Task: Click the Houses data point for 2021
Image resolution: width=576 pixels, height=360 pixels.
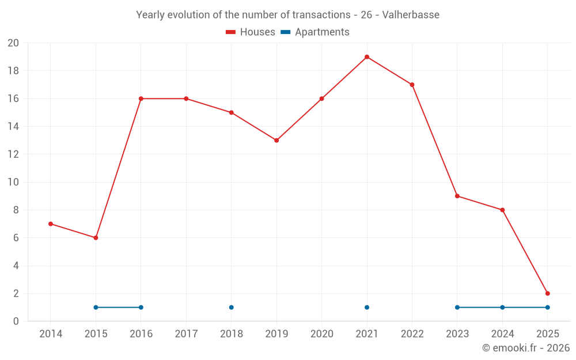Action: (367, 57)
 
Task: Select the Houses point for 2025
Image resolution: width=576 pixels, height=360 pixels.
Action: (547, 293)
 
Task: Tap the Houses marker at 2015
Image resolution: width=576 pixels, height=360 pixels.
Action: (96, 238)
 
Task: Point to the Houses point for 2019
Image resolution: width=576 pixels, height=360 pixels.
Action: (276, 141)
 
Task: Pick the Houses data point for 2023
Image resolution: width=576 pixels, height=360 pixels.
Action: (457, 196)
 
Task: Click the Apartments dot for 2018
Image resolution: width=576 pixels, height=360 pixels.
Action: (231, 307)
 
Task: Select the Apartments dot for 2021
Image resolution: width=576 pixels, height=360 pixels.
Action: (367, 307)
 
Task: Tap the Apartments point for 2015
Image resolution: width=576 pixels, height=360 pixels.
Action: (96, 307)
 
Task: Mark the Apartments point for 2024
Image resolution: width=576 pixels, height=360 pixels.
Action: (502, 307)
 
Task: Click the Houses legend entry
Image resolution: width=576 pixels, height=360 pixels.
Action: (251, 32)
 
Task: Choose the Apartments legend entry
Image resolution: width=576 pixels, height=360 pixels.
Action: (315, 32)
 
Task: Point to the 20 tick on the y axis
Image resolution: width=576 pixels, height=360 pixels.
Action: (13, 43)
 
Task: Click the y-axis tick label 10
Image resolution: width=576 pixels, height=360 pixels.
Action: (13, 182)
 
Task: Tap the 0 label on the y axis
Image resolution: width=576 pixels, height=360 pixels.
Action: (16, 321)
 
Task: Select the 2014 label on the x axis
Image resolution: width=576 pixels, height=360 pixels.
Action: (51, 334)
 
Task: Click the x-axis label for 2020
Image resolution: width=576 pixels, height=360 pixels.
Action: (321, 334)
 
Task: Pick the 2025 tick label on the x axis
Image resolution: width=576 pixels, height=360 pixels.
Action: (547, 334)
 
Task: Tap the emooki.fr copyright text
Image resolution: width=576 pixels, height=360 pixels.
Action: (525, 348)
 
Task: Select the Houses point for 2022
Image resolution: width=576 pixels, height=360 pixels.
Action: (412, 85)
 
